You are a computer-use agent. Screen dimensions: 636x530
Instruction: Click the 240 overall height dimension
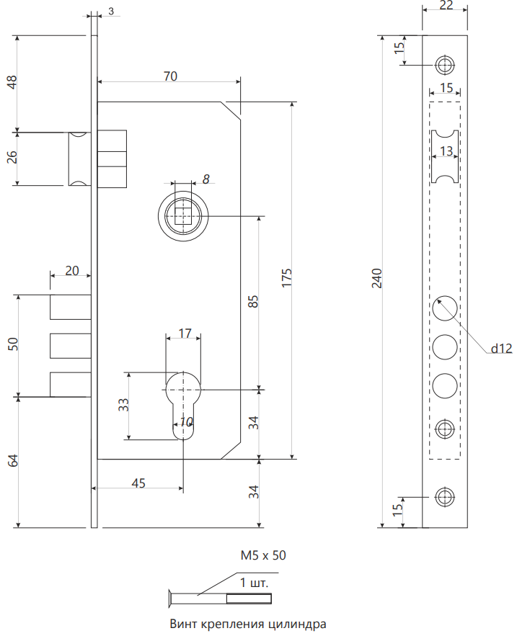(376, 278)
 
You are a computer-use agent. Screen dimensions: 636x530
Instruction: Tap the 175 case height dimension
(286, 278)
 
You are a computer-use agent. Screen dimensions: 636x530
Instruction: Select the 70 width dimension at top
(170, 76)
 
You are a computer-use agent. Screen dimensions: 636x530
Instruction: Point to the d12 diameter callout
(501, 349)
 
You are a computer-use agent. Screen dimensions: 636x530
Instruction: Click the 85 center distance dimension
(253, 301)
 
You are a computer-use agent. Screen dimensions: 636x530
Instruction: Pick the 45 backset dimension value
(138, 483)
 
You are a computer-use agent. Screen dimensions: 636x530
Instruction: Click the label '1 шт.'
(254, 582)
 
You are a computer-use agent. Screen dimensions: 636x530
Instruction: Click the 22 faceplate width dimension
(445, 6)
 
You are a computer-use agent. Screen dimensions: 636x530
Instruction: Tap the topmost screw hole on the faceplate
(445, 64)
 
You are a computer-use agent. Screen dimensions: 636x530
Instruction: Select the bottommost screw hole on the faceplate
(445, 496)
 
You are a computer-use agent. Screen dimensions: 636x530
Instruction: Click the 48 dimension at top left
(12, 83)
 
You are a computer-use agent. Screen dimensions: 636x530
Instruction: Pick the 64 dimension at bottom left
(12, 461)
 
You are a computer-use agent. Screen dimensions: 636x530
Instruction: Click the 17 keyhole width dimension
(185, 333)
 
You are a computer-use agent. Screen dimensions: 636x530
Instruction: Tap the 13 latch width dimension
(446, 151)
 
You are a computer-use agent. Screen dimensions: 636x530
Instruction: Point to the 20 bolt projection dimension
(72, 270)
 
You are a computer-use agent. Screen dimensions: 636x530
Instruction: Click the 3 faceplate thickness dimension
(111, 12)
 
